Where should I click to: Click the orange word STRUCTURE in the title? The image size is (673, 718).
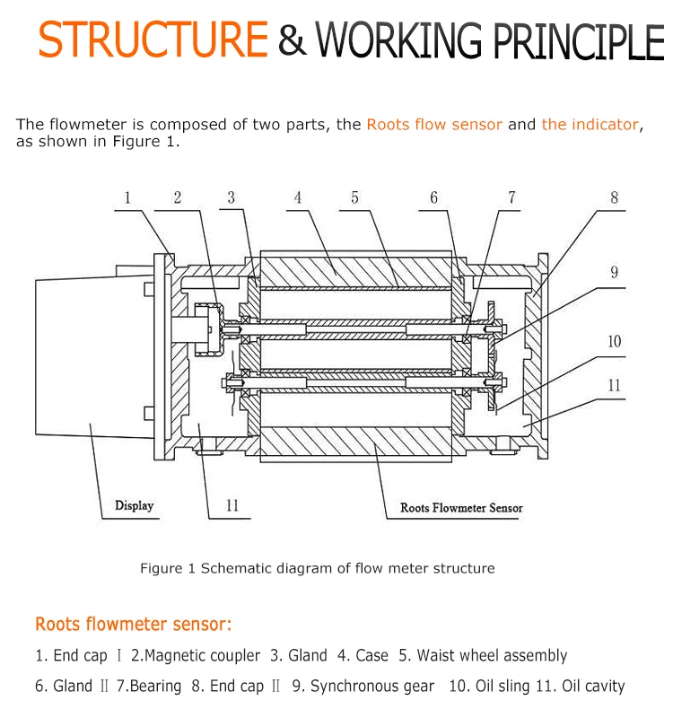(x=153, y=39)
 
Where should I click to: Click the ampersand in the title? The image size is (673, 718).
(x=291, y=39)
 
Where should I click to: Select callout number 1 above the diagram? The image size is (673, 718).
(x=127, y=197)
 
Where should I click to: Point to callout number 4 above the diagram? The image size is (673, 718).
(x=298, y=197)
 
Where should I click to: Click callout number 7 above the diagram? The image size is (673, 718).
(x=512, y=197)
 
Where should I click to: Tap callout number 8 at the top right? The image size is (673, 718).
(x=615, y=197)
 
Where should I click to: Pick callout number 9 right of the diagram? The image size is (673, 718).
(x=615, y=272)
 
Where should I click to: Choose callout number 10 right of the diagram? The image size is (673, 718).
(x=615, y=341)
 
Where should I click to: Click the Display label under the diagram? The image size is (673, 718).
(x=134, y=505)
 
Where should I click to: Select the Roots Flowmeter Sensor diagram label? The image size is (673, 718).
(x=461, y=508)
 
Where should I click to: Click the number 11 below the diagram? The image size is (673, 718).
(x=232, y=505)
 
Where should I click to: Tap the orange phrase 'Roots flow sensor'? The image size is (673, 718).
(x=434, y=125)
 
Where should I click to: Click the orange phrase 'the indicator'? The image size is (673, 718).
(x=590, y=125)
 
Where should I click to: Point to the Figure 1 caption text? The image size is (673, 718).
(x=317, y=568)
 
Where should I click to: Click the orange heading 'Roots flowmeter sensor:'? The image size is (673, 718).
(x=134, y=624)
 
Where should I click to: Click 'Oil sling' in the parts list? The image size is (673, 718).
(x=503, y=687)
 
